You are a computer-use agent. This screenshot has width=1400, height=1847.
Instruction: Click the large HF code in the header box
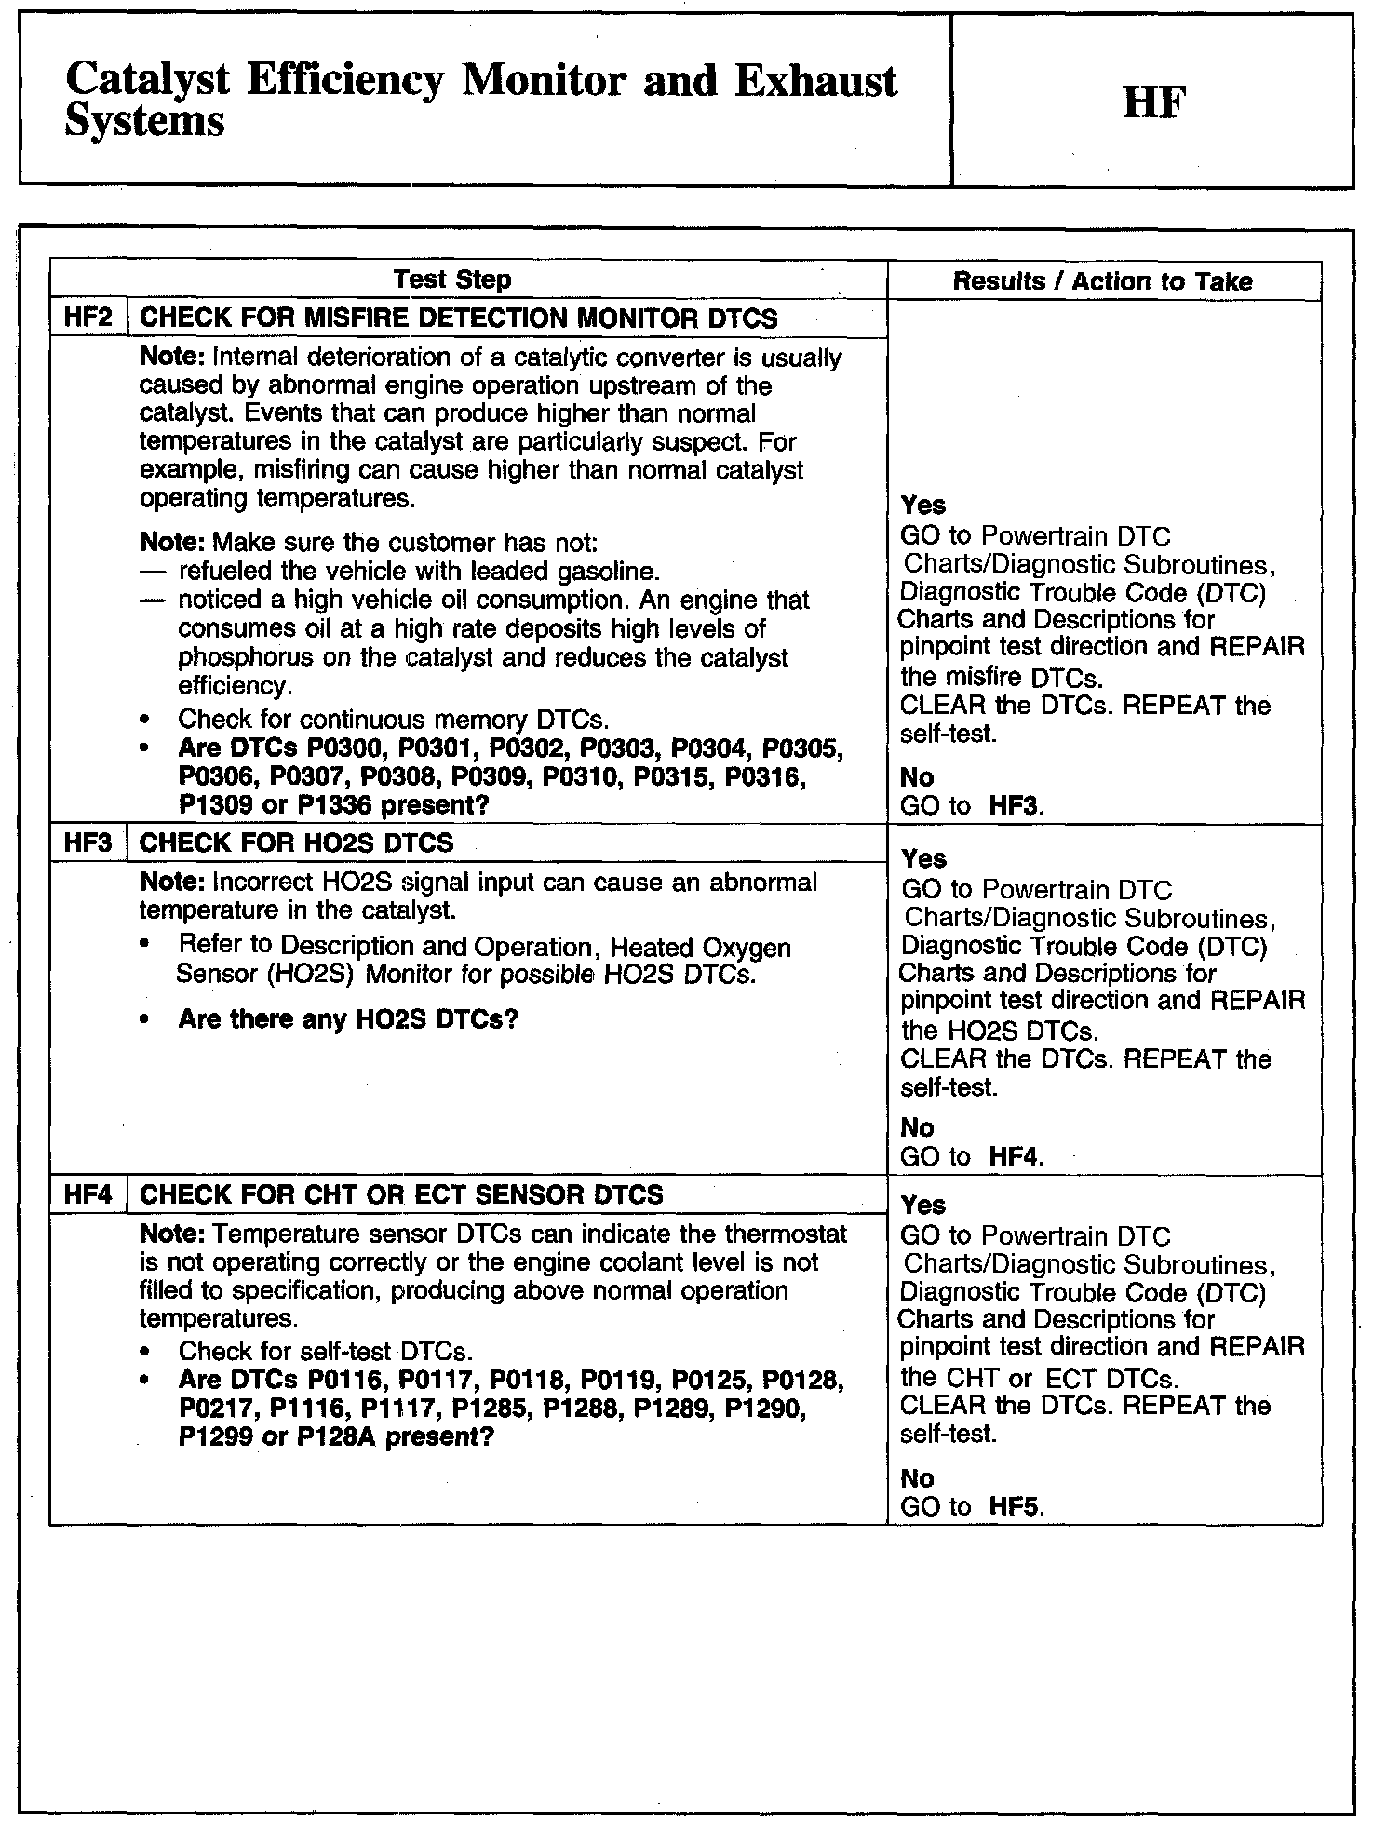pos(1153,102)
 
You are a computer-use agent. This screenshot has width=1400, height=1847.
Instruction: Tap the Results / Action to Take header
pos(1102,281)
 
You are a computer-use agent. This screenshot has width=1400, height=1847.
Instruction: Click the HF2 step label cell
pos(87,317)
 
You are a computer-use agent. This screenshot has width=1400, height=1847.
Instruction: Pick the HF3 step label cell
pos(87,843)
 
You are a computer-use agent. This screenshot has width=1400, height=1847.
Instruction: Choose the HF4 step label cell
pos(87,1194)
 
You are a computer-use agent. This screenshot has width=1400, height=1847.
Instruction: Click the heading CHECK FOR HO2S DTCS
pos(296,843)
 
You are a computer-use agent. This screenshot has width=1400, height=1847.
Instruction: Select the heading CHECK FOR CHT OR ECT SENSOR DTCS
pos(401,1194)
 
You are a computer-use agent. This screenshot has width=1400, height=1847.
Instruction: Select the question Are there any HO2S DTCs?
pos(347,1019)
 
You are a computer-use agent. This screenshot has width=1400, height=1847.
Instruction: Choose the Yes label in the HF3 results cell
pos(923,858)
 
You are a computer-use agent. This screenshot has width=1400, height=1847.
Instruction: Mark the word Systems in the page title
pos(145,121)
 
